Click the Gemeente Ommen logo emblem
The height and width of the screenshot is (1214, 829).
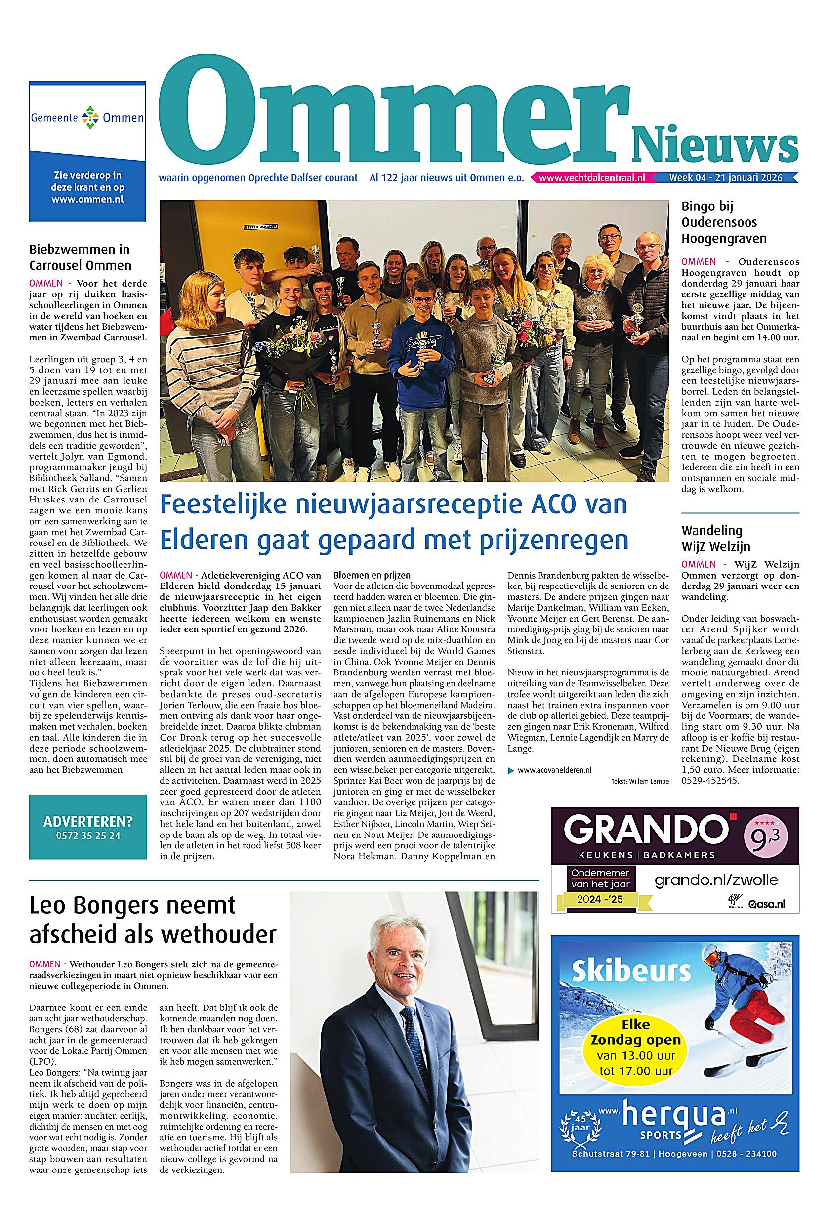pyautogui.click(x=87, y=118)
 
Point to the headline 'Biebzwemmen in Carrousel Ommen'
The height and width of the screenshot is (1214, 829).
pyautogui.click(x=81, y=257)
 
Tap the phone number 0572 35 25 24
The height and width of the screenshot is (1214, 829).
pyautogui.click(x=88, y=836)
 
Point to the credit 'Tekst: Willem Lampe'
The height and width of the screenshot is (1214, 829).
pyautogui.click(x=639, y=782)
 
